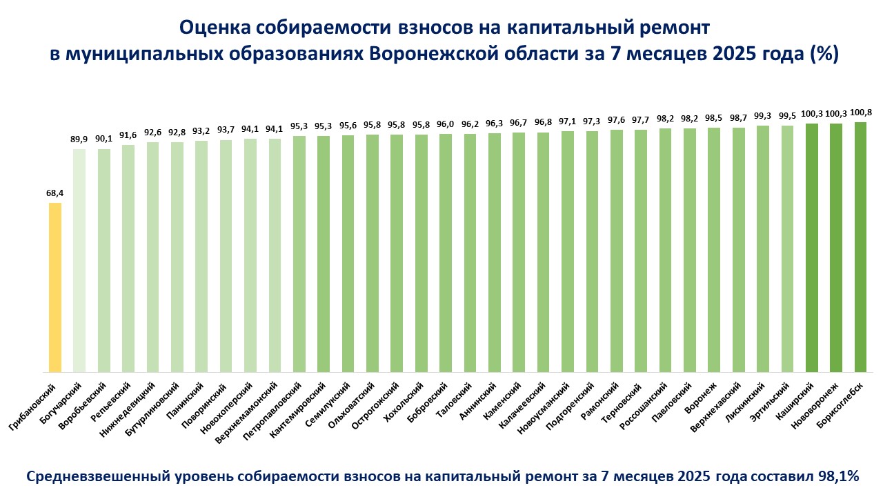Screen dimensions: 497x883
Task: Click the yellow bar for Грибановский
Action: [55, 286]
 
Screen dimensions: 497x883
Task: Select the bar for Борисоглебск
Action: [860, 247]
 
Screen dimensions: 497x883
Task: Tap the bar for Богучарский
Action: [79, 260]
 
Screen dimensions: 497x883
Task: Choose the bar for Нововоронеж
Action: [836, 248]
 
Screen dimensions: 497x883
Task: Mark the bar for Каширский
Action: [812, 248]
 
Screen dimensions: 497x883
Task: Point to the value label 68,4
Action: [55, 193]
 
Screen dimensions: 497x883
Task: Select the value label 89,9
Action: [79, 139]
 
